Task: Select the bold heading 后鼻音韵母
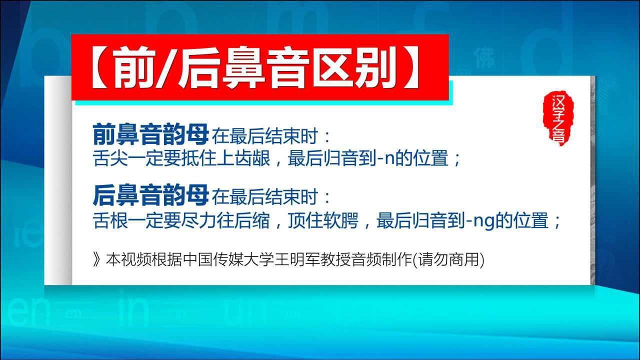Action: tap(150, 195)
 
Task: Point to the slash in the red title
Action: tap(166, 67)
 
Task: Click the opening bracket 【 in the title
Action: tap(99, 67)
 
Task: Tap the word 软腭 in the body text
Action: tap(340, 220)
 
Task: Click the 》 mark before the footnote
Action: tap(97, 260)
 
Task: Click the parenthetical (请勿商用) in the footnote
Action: tap(449, 260)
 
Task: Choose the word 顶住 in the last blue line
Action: tap(305, 220)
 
